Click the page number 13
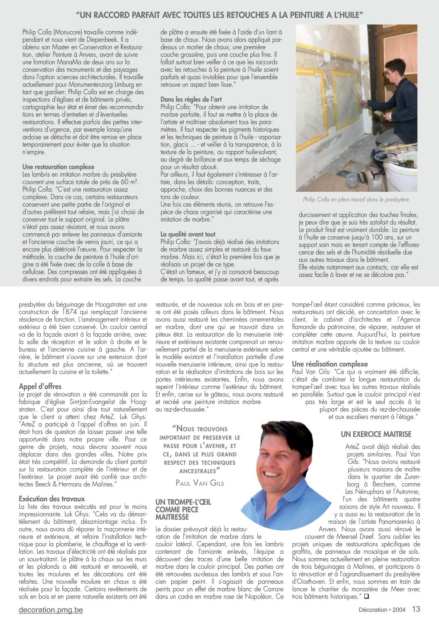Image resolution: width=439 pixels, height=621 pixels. tap(416, 609)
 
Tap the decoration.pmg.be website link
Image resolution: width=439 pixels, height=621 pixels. tap(51, 610)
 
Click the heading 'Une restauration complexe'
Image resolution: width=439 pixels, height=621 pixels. tap(59, 167)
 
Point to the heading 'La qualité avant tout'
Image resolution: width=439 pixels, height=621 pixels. tap(188, 235)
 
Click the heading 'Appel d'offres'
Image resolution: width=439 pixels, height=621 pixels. tap(40, 386)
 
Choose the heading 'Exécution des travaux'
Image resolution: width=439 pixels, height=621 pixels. tap(52, 499)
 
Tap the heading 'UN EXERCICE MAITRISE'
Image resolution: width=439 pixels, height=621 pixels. tap(376, 434)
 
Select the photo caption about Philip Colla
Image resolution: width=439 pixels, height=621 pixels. tap(356, 200)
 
